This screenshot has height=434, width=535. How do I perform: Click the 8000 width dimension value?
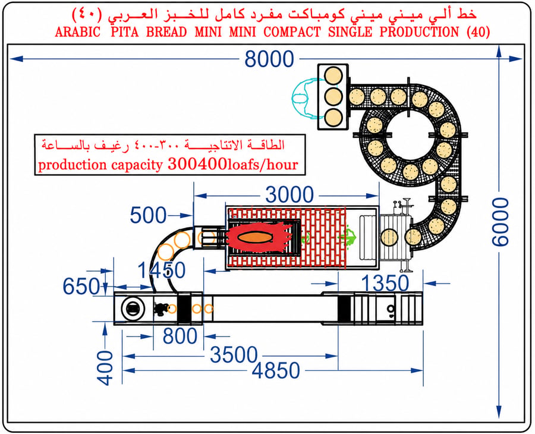click(269, 59)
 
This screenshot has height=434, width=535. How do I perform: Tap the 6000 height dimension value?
click(500, 222)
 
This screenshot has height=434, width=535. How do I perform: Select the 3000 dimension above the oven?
click(289, 195)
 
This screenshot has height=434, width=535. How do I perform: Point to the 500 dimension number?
click(148, 215)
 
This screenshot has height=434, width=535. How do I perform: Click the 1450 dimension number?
click(161, 271)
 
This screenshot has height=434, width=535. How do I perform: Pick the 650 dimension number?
click(81, 286)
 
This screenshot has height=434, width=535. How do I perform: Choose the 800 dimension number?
click(180, 336)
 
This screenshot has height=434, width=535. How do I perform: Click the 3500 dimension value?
click(234, 355)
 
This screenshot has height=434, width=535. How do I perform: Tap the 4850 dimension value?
click(276, 371)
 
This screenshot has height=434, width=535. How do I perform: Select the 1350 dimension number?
click(385, 283)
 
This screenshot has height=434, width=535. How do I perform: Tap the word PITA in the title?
click(125, 32)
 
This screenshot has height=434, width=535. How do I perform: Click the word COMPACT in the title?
click(292, 32)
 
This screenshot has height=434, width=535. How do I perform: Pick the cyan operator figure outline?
click(304, 98)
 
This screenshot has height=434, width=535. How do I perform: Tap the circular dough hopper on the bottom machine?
click(133, 309)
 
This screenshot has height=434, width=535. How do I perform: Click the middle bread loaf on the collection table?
click(333, 97)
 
